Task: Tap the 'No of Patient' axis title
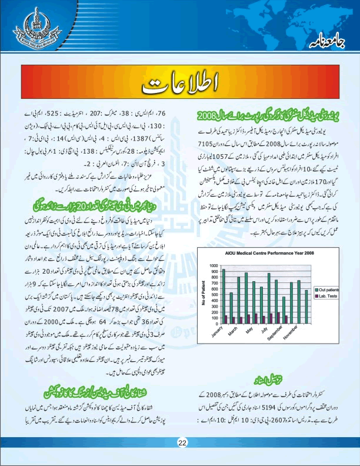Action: point(204,294)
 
